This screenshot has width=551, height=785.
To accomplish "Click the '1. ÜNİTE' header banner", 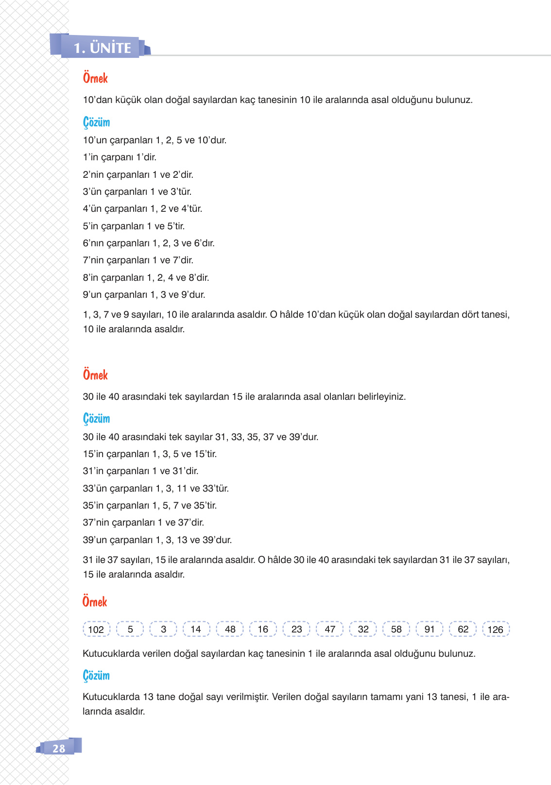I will point(103,48).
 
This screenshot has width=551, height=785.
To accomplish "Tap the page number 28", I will point(59,748).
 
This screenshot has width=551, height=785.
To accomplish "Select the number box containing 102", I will point(96,630).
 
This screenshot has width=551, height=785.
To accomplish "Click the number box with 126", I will point(496,630).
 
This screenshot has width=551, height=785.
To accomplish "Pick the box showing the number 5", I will point(130,629).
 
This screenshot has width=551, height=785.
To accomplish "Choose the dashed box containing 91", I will point(430,629).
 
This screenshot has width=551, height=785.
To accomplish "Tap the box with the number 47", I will point(330,629).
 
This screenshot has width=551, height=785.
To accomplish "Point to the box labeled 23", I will point(296,629).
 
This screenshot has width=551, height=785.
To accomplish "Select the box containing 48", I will point(230,629).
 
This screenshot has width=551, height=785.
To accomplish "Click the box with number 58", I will point(396,629).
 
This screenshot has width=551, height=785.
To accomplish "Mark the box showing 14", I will point(196,629).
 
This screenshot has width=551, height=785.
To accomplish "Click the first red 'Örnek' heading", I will point(95,78).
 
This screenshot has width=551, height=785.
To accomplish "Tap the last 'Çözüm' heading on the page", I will point(96,675).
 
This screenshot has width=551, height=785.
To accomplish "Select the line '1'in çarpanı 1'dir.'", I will point(120,157).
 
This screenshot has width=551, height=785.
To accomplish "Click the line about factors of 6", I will point(149,243).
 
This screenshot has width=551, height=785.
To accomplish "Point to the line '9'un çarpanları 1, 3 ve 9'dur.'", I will point(144,295).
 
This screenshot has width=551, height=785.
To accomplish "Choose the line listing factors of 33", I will point(155,489).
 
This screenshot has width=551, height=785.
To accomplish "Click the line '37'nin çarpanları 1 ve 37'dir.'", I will point(143,523).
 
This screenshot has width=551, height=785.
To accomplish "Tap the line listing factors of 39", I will point(157,540).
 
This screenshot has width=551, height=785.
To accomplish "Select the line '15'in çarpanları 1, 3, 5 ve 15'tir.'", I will point(150,454).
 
